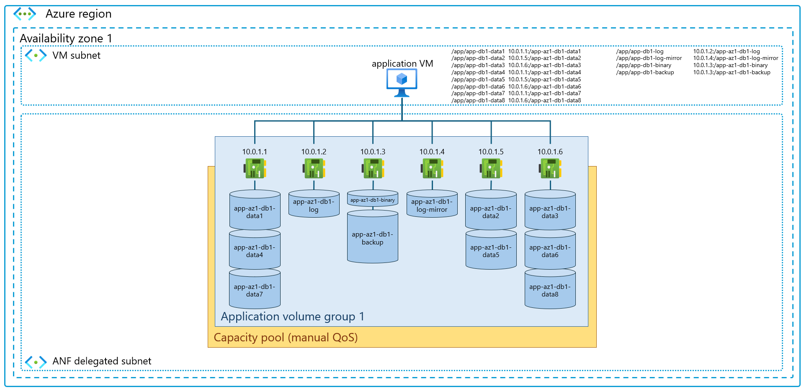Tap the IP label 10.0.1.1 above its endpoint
pyautogui.click(x=255, y=152)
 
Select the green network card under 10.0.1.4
pyautogui.click(x=432, y=169)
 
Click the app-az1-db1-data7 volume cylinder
pyautogui.click(x=255, y=290)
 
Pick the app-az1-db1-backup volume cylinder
pyautogui.click(x=372, y=238)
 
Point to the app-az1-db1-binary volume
pyautogui.click(x=372, y=200)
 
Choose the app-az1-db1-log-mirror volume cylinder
pyautogui.click(x=432, y=205)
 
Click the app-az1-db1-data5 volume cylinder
pyautogui.click(x=491, y=251)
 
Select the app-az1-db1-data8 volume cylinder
pyautogui.click(x=550, y=290)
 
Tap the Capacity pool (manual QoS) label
pyautogui.click(x=286, y=338)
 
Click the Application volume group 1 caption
pyautogui.click(x=292, y=317)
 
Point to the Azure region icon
pyautogui.click(x=25, y=14)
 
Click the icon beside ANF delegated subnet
pyautogui.click(x=36, y=361)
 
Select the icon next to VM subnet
pyautogui.click(x=36, y=55)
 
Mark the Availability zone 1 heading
pyautogui.click(x=66, y=39)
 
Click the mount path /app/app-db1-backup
pyautogui.click(x=645, y=73)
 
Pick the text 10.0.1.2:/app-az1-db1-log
pyautogui.click(x=726, y=52)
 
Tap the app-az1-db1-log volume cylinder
pyautogui.click(x=314, y=205)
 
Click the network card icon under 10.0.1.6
pyautogui.click(x=550, y=169)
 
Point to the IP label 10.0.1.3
pyautogui.click(x=373, y=152)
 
